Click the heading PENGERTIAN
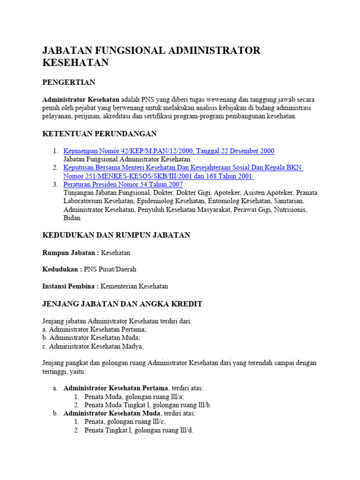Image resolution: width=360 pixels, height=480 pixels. click(x=68, y=82)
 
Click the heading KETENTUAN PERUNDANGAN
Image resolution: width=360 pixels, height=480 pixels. click(x=99, y=134)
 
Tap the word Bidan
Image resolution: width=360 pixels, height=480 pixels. click(x=72, y=218)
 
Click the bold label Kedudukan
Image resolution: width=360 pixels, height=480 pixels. click(x=61, y=270)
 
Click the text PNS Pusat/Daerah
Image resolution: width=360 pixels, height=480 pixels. click(x=110, y=270)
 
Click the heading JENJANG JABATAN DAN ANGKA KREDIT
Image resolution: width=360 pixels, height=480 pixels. click(x=122, y=304)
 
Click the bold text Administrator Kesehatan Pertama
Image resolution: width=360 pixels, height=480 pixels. click(x=116, y=388)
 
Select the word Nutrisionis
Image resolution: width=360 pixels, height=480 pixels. click(x=290, y=210)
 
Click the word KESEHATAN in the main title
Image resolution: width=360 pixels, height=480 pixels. click(x=75, y=63)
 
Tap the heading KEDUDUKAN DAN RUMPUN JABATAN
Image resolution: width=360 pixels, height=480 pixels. click(x=116, y=235)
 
